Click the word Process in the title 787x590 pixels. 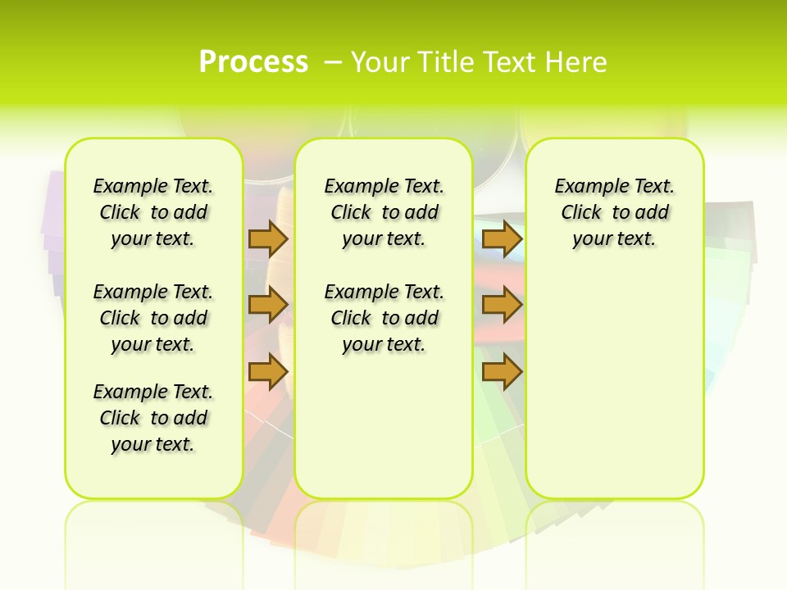(x=253, y=62)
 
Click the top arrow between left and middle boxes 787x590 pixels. (x=268, y=238)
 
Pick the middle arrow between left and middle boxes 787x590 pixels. (x=268, y=305)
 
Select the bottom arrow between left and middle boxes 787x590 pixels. (x=268, y=371)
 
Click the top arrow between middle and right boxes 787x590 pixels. (x=502, y=238)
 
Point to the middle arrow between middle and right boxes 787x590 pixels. (x=502, y=305)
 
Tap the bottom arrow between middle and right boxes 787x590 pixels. (x=502, y=371)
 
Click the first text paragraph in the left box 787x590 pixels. (x=153, y=212)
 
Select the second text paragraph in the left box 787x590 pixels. (x=153, y=318)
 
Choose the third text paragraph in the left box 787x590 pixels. (x=153, y=418)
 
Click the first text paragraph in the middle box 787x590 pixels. (x=384, y=212)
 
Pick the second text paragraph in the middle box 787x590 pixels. (x=384, y=318)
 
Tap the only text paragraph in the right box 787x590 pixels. (x=615, y=212)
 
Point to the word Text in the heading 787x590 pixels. (x=508, y=62)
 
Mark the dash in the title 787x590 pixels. (x=334, y=62)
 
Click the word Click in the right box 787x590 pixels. (x=581, y=213)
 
